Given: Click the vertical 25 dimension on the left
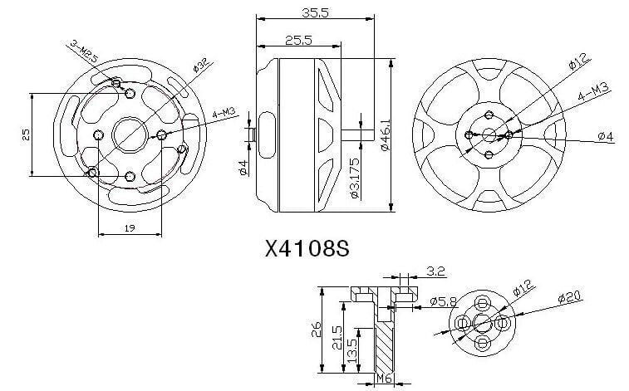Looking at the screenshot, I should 25,134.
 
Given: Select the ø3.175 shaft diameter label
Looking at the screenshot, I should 354,183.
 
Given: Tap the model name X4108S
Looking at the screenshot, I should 304,249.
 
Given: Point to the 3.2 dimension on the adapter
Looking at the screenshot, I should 435,270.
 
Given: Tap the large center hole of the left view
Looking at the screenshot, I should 129,133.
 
